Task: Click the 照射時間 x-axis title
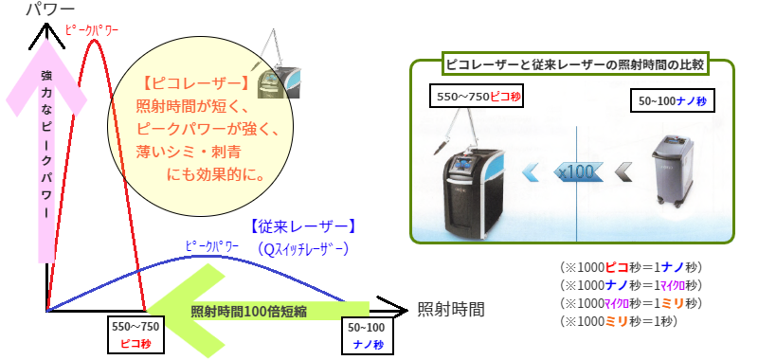coord(451,310)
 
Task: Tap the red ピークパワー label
coord(91,29)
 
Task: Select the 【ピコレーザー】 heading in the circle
coord(194,82)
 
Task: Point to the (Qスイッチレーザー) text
coord(303,248)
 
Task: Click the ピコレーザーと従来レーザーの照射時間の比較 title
coord(572,65)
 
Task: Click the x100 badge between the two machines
coord(575,171)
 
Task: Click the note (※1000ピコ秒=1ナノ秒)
coord(630,267)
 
